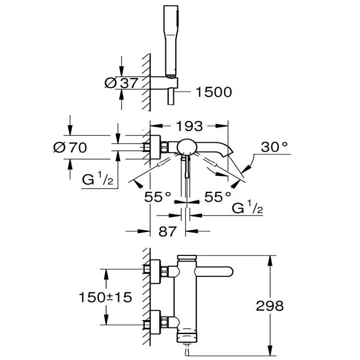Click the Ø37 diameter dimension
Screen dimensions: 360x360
[121, 83]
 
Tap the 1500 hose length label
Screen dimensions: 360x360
[213, 92]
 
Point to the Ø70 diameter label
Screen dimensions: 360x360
[70, 147]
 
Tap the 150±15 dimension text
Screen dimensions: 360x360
[105, 297]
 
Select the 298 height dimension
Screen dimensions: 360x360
[270, 305]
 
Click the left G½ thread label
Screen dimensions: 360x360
[97, 181]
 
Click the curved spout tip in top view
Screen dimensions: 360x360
[226, 153]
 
